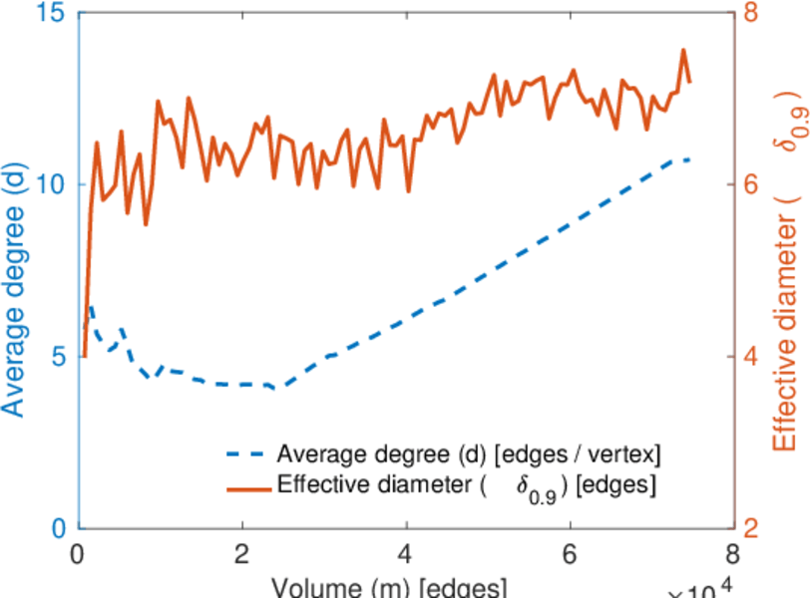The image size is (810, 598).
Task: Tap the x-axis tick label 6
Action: tap(571, 554)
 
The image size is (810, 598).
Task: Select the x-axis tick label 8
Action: tap(734, 554)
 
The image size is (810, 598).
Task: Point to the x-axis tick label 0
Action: tap(79, 554)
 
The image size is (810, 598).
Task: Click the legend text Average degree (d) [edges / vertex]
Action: tap(469, 455)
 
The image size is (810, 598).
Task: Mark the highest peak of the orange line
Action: tap(684, 50)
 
